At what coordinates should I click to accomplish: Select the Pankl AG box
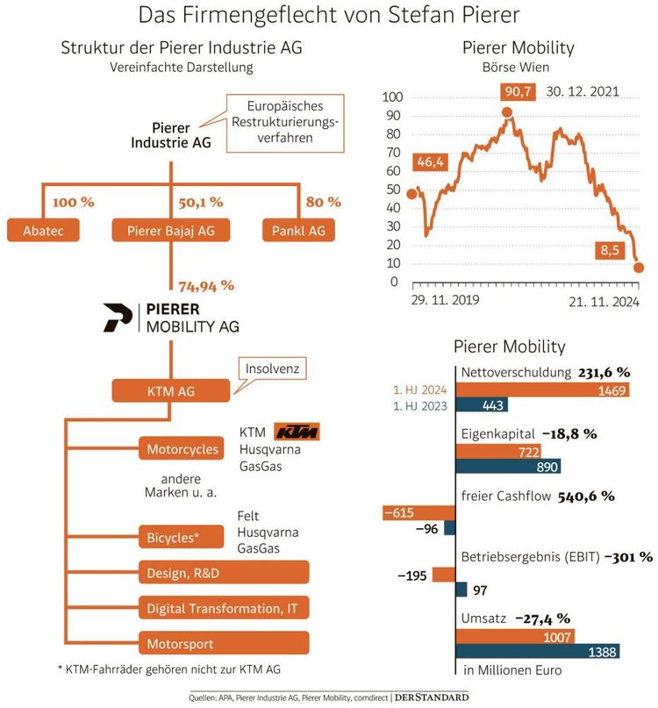pos(299,231)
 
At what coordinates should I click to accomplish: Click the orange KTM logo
pos(297,432)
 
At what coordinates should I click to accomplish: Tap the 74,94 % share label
pos(206,285)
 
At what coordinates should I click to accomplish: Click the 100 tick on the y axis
pos(392,97)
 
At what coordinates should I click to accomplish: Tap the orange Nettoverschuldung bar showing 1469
pos(541,390)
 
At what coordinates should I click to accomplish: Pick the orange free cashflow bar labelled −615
pos(418,512)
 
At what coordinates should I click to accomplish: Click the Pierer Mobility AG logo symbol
pos(116,318)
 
